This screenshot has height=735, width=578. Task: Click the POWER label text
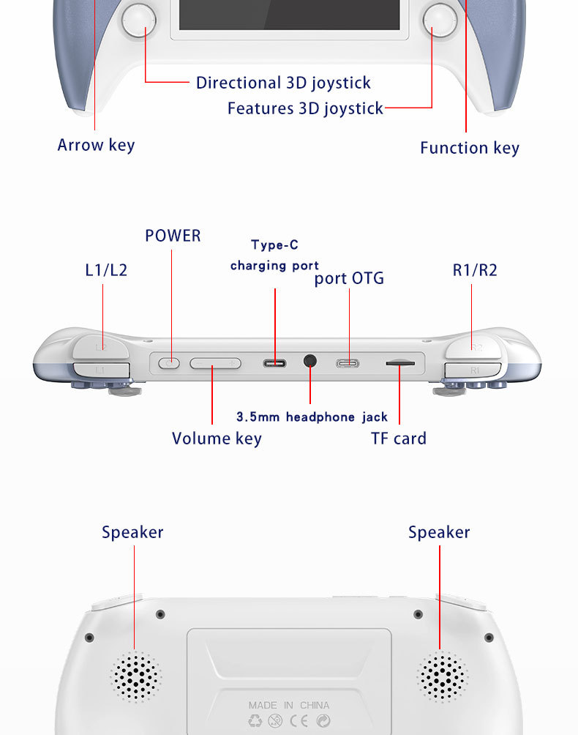tap(173, 236)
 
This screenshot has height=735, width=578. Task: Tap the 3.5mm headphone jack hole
tap(310, 361)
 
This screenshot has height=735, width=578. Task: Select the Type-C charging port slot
tap(275, 362)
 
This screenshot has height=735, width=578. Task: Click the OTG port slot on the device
tap(348, 362)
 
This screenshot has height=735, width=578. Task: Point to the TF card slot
tap(399, 362)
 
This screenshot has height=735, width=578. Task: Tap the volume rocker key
tap(215, 362)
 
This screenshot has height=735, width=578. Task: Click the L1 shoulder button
tap(100, 370)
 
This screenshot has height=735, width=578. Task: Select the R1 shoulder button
tap(474, 370)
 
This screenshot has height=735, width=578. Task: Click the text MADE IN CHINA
tap(288, 706)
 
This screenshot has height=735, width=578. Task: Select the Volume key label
tap(217, 439)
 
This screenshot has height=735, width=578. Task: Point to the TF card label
tap(399, 439)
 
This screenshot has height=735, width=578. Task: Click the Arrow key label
tap(96, 145)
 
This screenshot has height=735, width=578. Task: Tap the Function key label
tap(470, 148)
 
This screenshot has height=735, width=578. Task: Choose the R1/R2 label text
tap(475, 269)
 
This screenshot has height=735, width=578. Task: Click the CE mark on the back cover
tap(299, 721)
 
